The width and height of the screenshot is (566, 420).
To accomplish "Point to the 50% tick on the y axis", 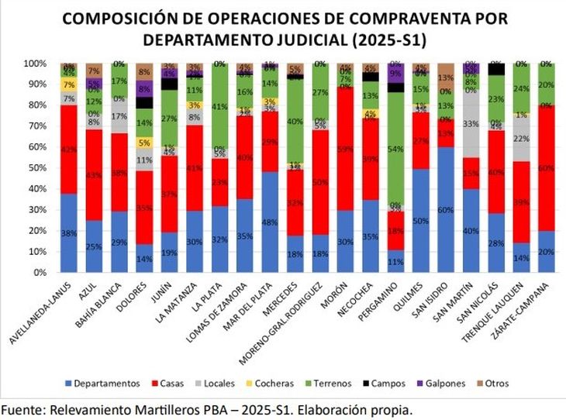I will point(35,167).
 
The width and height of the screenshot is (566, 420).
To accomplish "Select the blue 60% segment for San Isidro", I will point(445,209).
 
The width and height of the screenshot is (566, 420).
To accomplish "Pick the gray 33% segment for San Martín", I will point(470,123).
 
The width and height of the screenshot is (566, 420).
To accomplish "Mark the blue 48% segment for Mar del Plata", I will point(271,222).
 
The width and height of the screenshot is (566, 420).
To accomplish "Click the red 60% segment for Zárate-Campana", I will point(545,167).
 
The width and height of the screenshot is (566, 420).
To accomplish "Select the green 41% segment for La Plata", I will point(220,107).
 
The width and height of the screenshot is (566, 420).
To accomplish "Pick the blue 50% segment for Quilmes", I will point(420,220).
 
